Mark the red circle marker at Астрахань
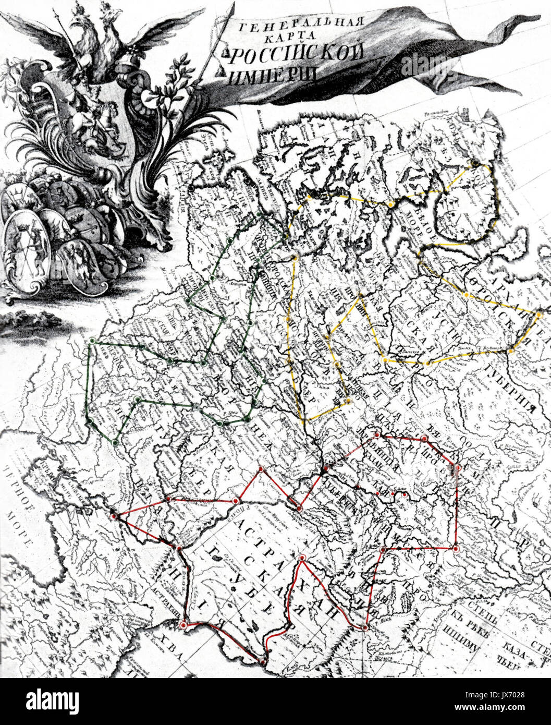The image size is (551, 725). click(x=183, y=624)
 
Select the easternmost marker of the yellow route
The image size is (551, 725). click(x=540, y=315)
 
